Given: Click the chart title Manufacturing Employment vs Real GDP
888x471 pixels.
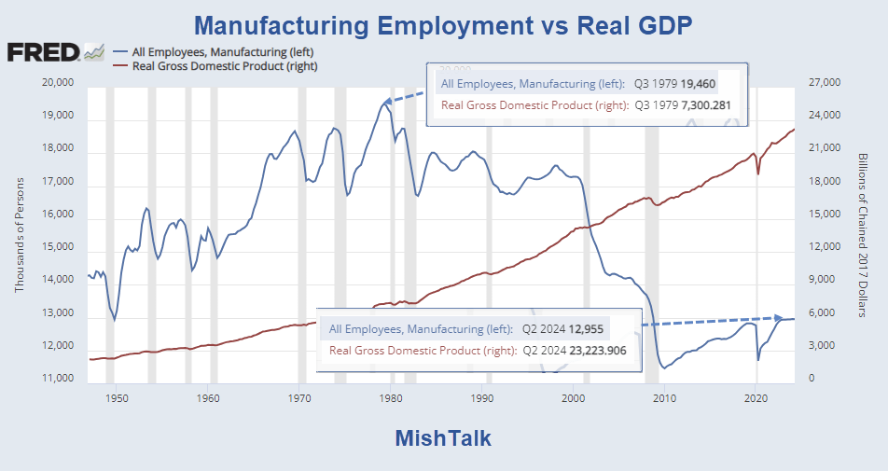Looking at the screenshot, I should tap(443, 22).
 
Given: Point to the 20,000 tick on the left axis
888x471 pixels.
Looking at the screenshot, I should tap(58, 83).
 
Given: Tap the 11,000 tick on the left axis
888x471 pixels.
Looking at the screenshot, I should tap(58, 380).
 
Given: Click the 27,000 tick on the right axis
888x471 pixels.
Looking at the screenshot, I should tap(825, 83).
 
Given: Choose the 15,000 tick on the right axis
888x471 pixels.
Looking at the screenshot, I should tap(825, 215).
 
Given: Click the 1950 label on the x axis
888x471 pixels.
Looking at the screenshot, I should tap(117, 397).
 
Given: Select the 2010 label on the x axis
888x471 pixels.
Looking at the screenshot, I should tap(665, 397).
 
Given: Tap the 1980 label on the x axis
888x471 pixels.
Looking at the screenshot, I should tap(391, 397).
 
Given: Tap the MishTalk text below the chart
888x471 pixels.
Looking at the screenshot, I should tap(443, 438).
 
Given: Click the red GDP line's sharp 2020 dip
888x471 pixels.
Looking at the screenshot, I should tap(758, 174).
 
